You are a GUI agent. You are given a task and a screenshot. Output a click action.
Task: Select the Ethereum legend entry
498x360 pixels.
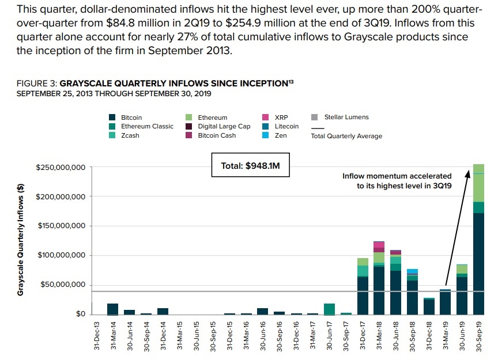(x=212, y=118)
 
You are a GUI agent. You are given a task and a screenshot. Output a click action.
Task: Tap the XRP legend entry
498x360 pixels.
(x=282, y=118)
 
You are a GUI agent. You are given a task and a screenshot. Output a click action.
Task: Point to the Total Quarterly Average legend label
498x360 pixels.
(x=346, y=137)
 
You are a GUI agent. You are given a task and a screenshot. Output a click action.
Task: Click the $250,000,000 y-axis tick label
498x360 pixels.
(x=61, y=168)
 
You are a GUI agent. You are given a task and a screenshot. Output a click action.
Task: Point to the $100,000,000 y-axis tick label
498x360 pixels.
(x=61, y=255)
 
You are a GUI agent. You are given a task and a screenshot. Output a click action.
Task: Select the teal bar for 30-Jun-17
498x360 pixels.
(x=329, y=309)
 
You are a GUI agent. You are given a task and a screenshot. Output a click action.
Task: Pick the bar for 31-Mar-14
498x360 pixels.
(x=113, y=309)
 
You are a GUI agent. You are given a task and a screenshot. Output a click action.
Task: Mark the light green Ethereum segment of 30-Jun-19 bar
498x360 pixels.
(x=462, y=269)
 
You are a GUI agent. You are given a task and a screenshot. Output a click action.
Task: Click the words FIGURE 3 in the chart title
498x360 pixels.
(x=37, y=84)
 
